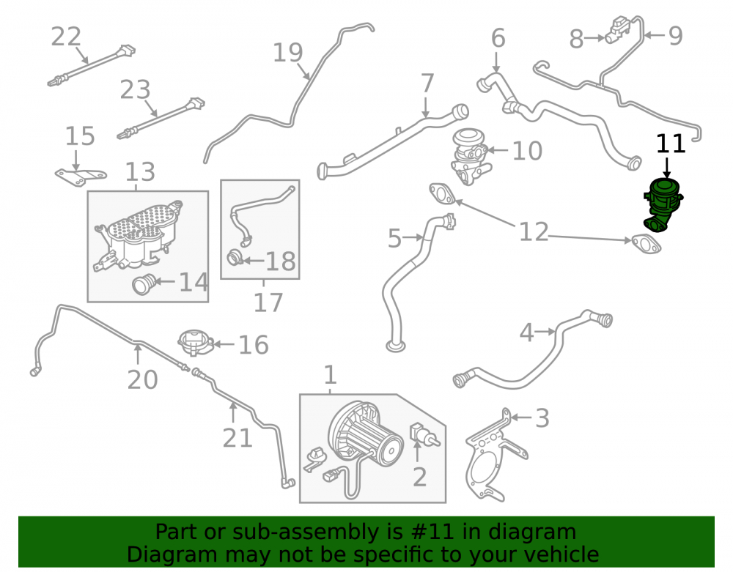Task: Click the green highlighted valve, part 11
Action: tap(663, 204)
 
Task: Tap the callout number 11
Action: tap(671, 144)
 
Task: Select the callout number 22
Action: tap(66, 37)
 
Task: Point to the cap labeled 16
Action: tap(196, 343)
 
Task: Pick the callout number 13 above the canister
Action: tap(140, 172)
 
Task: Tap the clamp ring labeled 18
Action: tap(235, 257)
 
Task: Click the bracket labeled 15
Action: tap(80, 176)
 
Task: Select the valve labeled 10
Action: tap(468, 157)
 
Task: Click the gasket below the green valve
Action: tap(646, 244)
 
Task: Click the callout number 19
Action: tap(287, 52)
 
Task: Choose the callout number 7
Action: tap(427, 83)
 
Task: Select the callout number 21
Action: tap(237, 438)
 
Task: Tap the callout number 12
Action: tap(534, 232)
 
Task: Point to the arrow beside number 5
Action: tap(413, 237)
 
